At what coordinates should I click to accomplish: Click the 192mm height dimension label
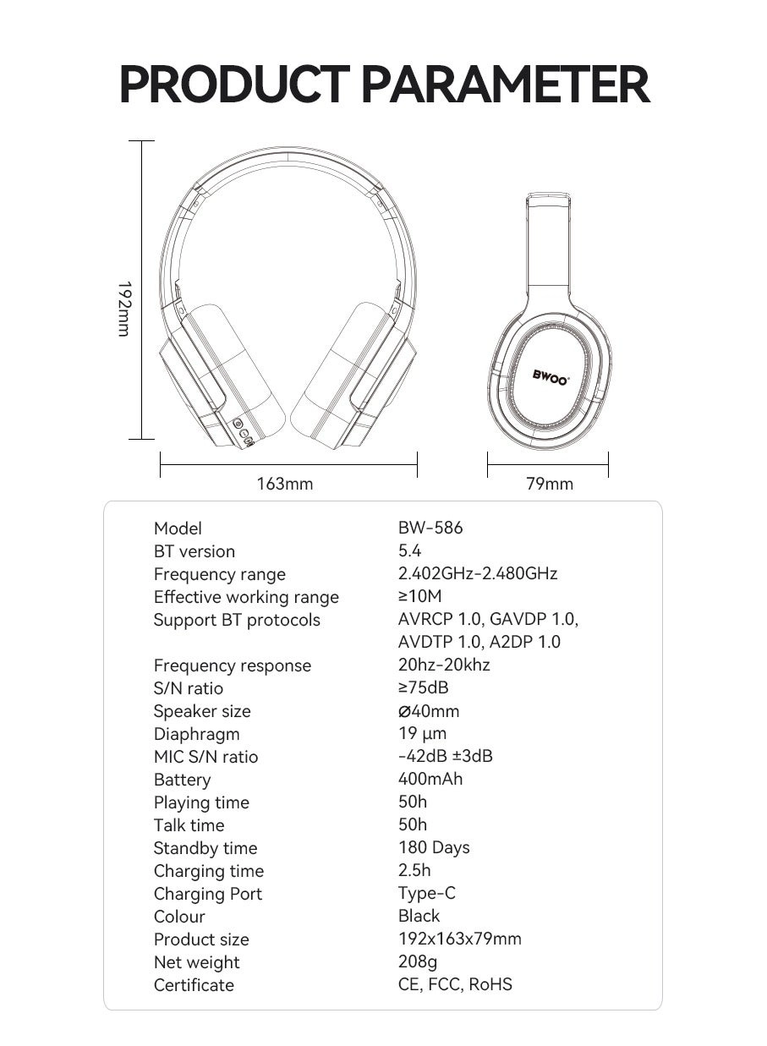(123, 309)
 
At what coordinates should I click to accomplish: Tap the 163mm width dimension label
(285, 484)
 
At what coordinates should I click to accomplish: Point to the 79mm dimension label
(550, 484)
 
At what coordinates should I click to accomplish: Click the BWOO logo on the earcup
(551, 375)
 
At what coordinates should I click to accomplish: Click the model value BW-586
(430, 528)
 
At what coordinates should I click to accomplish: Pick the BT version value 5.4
(410, 551)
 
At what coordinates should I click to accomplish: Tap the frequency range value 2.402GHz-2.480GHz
(478, 574)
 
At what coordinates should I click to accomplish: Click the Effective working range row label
(246, 597)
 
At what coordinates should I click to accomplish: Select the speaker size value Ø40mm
(429, 711)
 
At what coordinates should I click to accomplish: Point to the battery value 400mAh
(430, 779)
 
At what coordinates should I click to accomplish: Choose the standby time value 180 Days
(434, 847)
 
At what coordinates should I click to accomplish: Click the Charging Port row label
(208, 894)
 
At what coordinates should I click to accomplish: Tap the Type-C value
(427, 893)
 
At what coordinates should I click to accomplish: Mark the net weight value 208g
(418, 961)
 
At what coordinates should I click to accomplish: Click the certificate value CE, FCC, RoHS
(455, 984)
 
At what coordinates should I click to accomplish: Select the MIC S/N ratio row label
(205, 757)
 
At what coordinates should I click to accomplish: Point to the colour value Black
(419, 916)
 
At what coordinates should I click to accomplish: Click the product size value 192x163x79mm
(460, 939)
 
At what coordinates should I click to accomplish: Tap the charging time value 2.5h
(414, 870)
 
